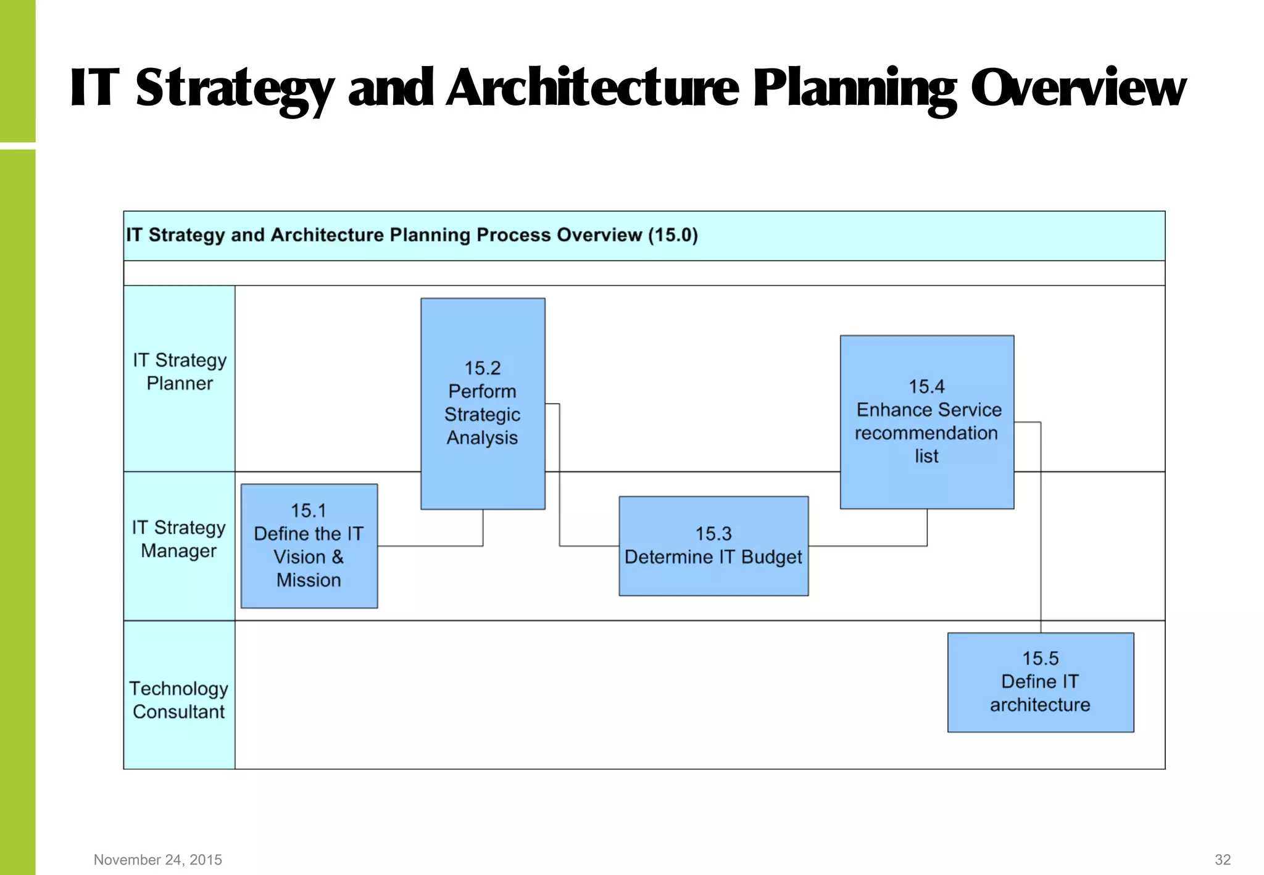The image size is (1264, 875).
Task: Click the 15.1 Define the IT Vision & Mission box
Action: coord(309,545)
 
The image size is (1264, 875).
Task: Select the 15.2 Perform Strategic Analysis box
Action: coord(483,404)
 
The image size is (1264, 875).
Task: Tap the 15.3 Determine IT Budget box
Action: coord(713,545)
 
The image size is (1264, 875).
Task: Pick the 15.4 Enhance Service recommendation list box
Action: coord(926,421)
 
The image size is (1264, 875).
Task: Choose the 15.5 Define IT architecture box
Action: coord(1041,682)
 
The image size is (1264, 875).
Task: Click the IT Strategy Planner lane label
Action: coord(180,372)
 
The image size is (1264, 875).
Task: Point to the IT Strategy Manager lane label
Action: coord(179,539)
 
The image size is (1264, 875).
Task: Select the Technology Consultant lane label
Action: coord(179,700)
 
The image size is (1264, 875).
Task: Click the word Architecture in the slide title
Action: coord(592,88)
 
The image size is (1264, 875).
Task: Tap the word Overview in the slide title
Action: coord(1078,88)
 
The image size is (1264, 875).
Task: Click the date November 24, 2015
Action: coord(158,860)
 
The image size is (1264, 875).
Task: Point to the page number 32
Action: coord(1223,860)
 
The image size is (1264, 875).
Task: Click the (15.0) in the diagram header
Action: coord(673,235)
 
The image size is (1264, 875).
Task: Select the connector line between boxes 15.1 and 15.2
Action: coord(432,546)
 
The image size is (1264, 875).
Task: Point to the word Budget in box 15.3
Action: coord(771,557)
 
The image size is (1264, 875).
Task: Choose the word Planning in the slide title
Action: coord(855,88)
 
